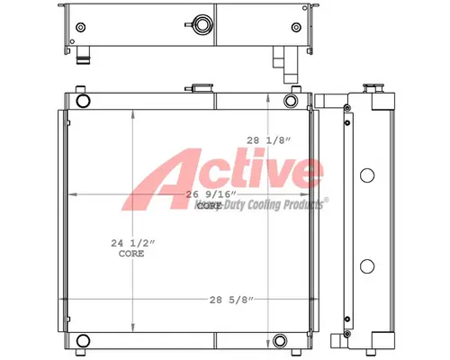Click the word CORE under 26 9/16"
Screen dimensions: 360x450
click(209, 206)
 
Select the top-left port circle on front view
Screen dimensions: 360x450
click(83, 99)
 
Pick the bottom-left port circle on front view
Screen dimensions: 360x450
click(83, 340)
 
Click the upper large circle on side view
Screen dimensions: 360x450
click(366, 175)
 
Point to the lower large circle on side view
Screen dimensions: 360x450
click(366, 265)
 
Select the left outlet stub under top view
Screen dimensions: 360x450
click(83, 60)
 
